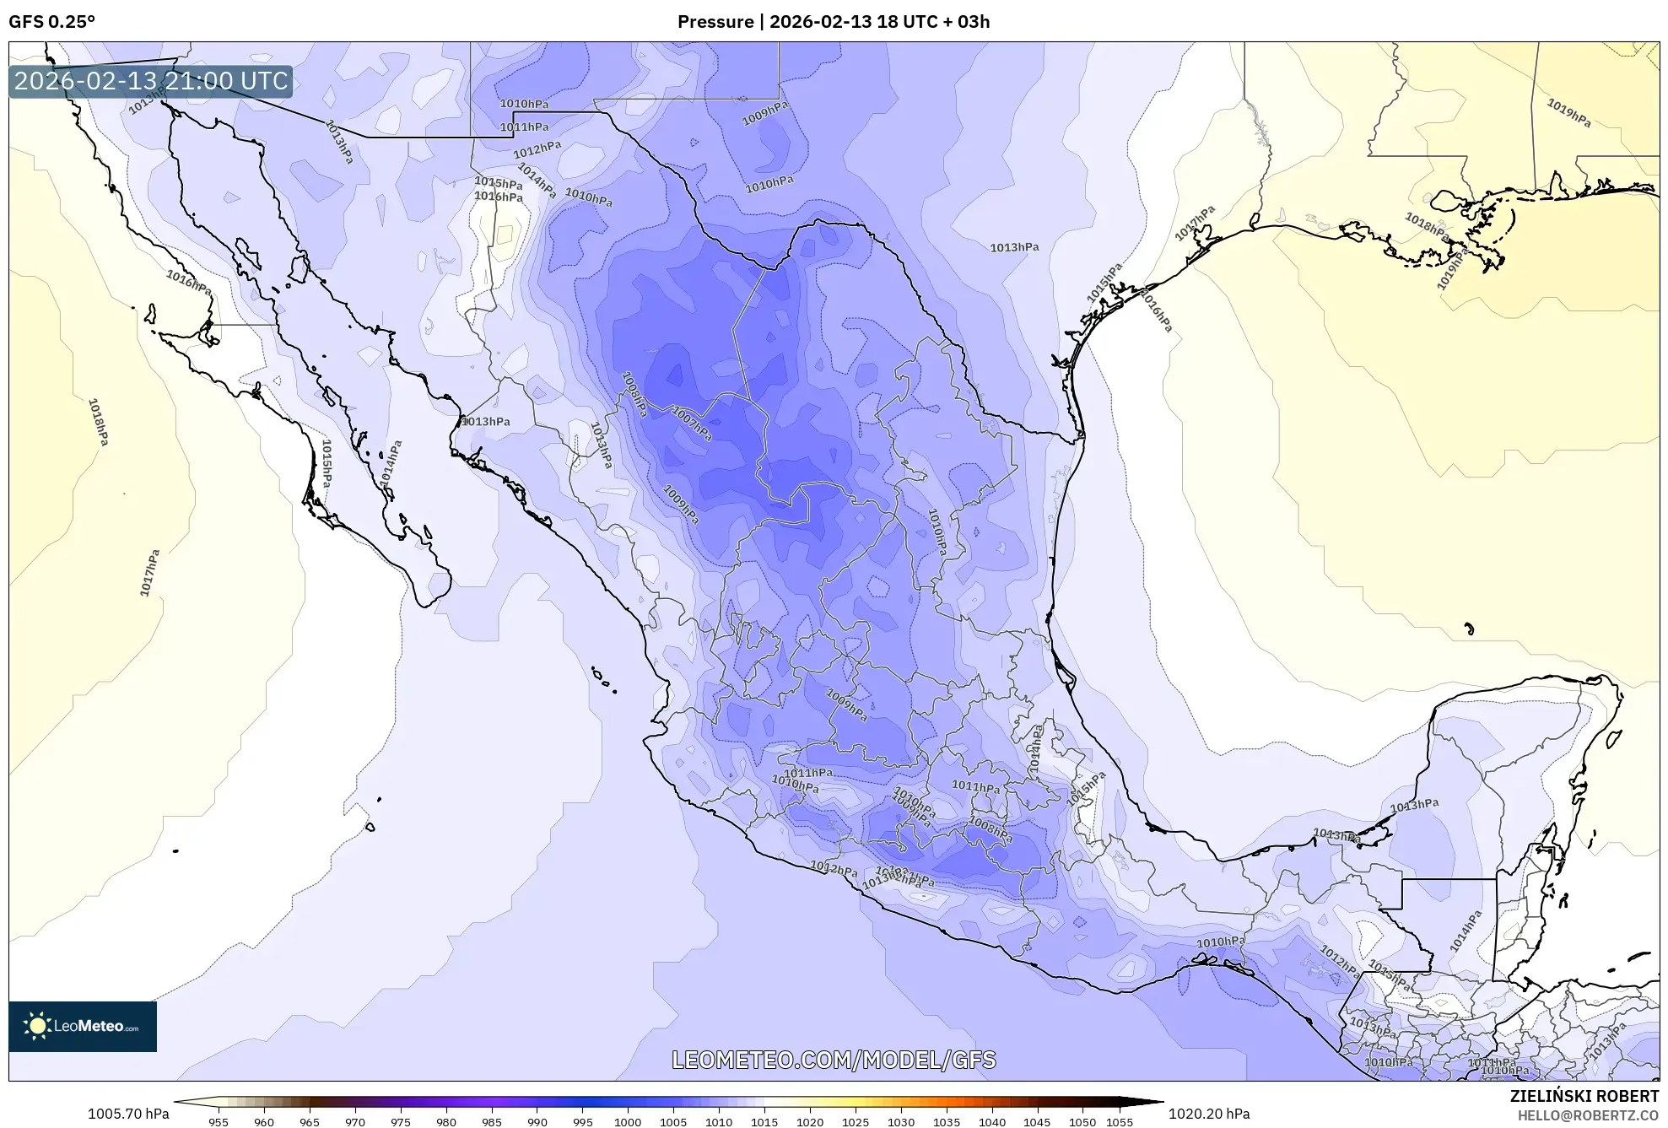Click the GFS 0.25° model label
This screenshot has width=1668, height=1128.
coord(51,22)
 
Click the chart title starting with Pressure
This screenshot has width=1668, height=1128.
coord(833,22)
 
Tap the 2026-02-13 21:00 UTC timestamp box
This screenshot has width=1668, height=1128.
coord(151,81)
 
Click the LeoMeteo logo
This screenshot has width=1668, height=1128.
coord(83,1026)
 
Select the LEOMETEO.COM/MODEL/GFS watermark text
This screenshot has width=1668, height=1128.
coord(833,1060)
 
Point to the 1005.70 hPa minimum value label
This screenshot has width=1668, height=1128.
coord(128,1114)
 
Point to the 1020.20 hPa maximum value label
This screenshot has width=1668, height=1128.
coord(1208,1114)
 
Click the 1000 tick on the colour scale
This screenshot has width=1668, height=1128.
coord(627,1122)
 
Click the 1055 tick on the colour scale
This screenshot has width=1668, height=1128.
coord(1120,1122)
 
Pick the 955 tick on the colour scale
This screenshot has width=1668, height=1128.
coord(219,1122)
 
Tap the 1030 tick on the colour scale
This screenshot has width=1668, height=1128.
coord(900,1122)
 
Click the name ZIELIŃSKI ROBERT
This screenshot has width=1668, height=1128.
coord(1584,1096)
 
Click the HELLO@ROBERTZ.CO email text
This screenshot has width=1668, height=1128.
coord(1588,1115)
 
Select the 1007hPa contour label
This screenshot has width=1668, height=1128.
coord(692,424)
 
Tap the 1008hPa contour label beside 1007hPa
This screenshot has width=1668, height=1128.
coord(634,394)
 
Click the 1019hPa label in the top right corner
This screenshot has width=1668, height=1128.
coord(1568,113)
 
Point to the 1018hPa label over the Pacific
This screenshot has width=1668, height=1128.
coord(99,422)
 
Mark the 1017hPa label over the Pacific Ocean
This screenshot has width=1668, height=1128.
coord(149,573)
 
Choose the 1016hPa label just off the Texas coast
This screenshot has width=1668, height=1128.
coord(1156,310)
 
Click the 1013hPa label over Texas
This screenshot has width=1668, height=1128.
coord(1013,247)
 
